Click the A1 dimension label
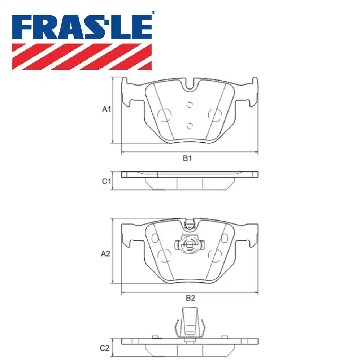106,109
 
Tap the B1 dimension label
187,158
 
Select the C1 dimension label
106,182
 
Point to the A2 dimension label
105,254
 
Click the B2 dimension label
190,298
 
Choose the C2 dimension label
104,348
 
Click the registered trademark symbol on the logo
153,13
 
